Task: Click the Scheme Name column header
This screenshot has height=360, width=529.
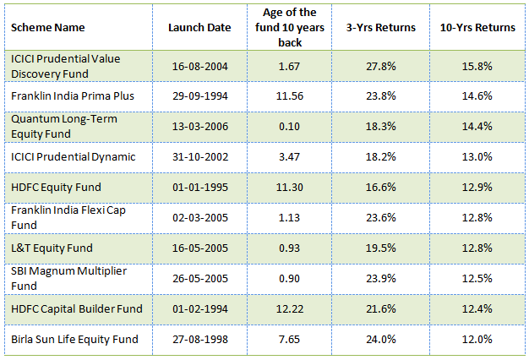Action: pyautogui.click(x=48, y=27)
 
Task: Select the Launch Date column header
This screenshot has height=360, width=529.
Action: pyautogui.click(x=199, y=27)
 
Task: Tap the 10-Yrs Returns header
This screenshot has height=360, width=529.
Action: pyautogui.click(x=477, y=27)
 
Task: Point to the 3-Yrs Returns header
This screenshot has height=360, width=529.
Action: pyautogui.click(x=381, y=27)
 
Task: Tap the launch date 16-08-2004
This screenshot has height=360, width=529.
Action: pyautogui.click(x=199, y=65)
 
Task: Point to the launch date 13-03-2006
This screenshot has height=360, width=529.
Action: pyautogui.click(x=199, y=126)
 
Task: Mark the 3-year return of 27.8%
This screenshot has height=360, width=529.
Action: pyautogui.click(x=381, y=65)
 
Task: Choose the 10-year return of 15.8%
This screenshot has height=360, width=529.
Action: pyautogui.click(x=477, y=65)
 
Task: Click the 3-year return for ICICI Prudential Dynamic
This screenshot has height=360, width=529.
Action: pyautogui.click(x=381, y=156)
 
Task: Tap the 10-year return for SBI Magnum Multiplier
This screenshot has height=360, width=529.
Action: pyautogui.click(x=477, y=278)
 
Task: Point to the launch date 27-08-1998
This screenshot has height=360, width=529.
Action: pyautogui.click(x=199, y=339)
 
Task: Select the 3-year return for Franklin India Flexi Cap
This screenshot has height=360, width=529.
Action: pyautogui.click(x=381, y=217)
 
